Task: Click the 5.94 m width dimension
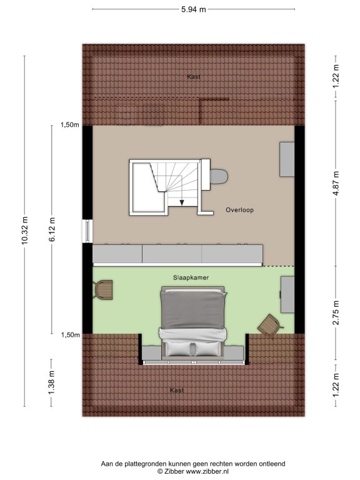(x=194, y=9)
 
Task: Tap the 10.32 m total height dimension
(x=25, y=231)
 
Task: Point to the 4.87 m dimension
(x=336, y=184)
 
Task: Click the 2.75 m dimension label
(x=336, y=312)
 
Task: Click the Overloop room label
(x=240, y=210)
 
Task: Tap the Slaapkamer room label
(x=191, y=277)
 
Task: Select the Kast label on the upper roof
(x=194, y=76)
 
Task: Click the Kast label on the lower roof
(x=177, y=390)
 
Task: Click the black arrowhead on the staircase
(x=182, y=202)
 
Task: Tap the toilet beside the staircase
(x=219, y=177)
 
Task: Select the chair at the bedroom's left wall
(x=104, y=290)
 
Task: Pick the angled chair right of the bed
(x=270, y=324)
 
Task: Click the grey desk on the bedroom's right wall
(x=287, y=294)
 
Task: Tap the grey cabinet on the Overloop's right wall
(x=287, y=159)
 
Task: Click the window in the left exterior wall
(x=87, y=231)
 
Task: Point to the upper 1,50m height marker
(x=70, y=124)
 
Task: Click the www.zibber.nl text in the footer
(x=207, y=472)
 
